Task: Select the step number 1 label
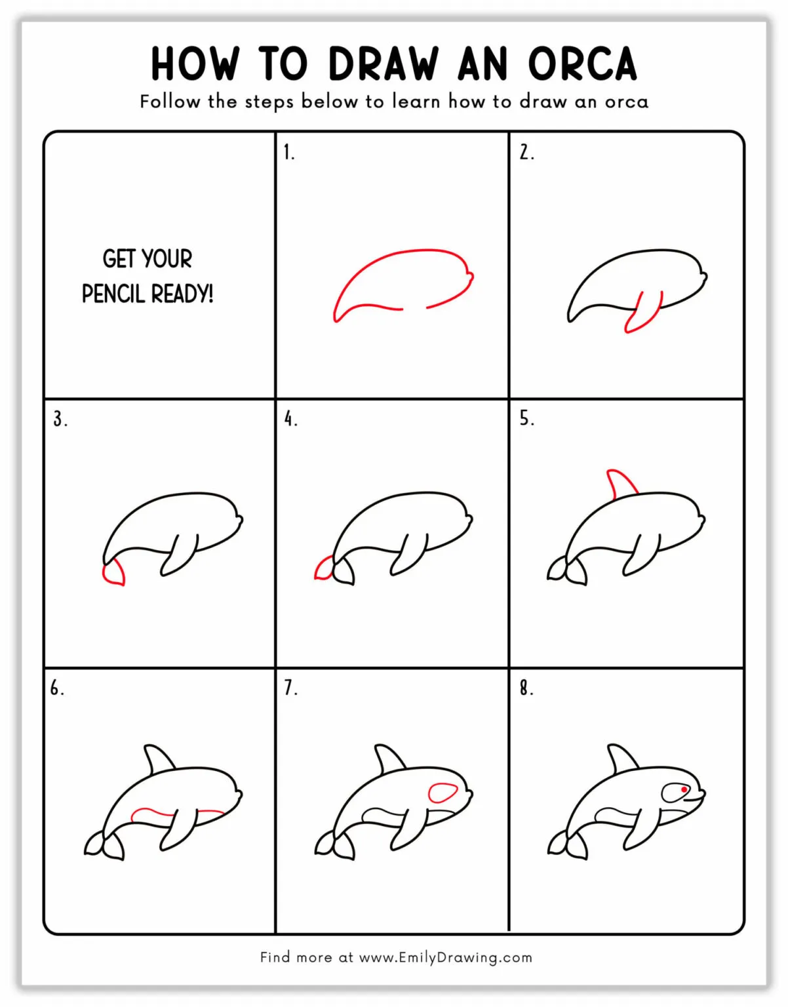(288, 153)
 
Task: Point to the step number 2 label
(526, 153)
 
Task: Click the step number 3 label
(60, 419)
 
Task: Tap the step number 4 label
(290, 419)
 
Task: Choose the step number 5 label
(526, 418)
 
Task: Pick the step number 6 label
(57, 688)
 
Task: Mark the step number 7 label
(290, 688)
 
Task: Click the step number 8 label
(526, 688)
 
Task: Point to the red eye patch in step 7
(443, 793)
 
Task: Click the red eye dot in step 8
(684, 790)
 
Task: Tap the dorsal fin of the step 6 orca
(158, 759)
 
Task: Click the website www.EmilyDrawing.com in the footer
(446, 957)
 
